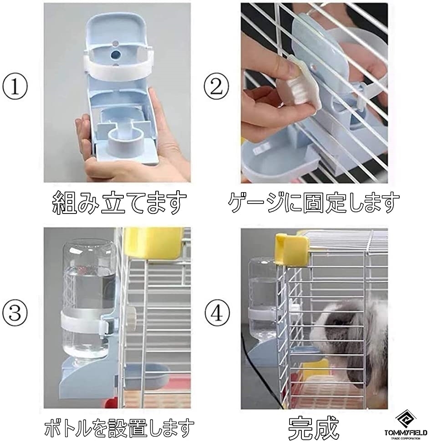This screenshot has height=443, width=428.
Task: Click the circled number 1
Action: coord(17,87)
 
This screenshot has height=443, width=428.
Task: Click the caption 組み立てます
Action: coord(119,203)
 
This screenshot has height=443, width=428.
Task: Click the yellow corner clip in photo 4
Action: coord(291,249)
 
